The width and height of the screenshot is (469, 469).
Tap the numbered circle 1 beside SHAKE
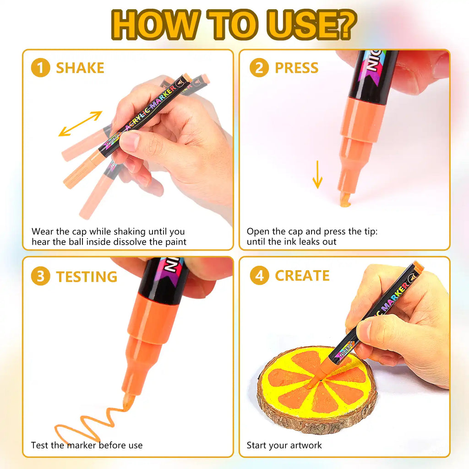tap(40, 68)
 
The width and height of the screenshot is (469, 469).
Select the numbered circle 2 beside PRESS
tap(259, 68)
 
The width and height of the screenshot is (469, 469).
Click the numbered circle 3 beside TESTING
tap(40, 277)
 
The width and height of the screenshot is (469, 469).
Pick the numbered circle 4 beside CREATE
tap(259, 276)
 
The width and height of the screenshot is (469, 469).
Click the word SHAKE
tap(80, 68)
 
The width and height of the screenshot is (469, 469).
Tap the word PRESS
tap(296, 68)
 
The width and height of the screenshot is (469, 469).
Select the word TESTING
tap(87, 277)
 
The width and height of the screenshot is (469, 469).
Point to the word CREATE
tap(302, 276)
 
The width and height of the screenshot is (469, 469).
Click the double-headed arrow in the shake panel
tap(81, 124)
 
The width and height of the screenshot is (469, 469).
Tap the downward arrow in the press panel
tap(317, 175)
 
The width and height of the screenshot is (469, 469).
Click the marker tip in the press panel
tap(345, 199)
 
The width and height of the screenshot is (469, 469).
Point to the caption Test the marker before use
tap(87, 445)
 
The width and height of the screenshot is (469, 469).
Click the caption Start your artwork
tap(284, 445)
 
